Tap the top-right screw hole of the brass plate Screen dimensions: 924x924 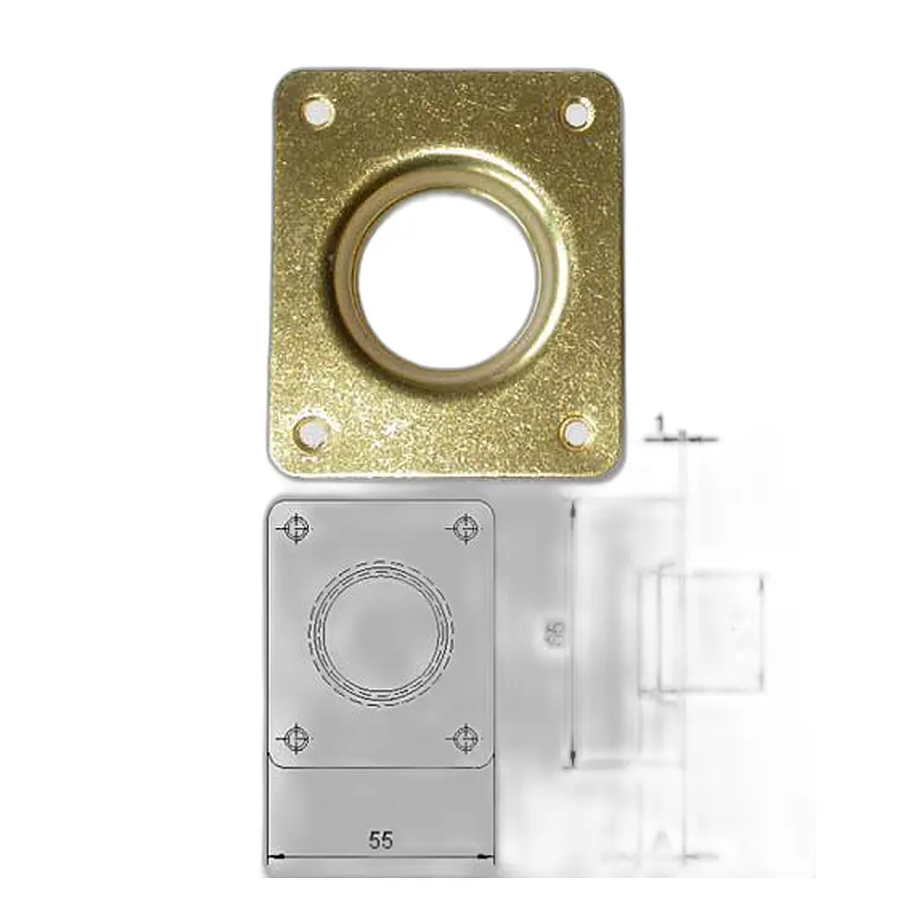(x=577, y=114)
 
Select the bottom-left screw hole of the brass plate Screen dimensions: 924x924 (x=311, y=431)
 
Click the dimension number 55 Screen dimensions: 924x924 (x=380, y=840)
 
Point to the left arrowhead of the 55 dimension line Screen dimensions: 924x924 (x=272, y=858)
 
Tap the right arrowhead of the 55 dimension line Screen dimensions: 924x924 (x=490, y=858)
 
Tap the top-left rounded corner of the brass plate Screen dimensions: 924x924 (x=284, y=79)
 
